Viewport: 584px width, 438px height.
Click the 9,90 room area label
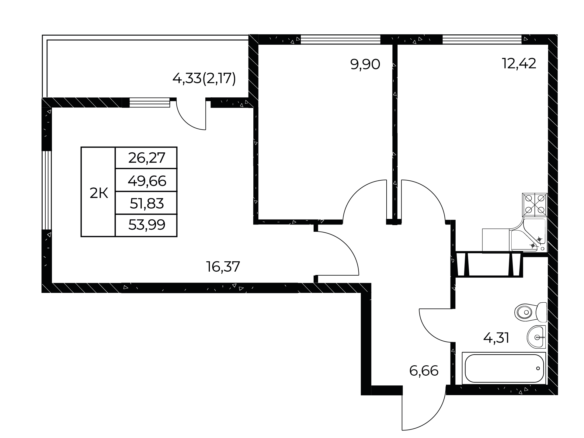point(365,65)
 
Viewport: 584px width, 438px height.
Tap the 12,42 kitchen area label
point(519,64)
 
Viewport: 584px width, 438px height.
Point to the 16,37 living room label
point(223,267)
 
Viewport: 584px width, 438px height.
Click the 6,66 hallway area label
point(424,371)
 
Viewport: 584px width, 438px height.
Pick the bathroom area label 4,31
point(496,338)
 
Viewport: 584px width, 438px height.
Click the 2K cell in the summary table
point(99,193)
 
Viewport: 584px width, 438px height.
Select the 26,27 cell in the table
point(147,158)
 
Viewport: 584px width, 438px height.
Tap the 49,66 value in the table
point(147,181)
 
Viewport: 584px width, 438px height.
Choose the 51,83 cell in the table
point(147,203)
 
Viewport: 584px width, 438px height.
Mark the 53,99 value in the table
point(147,225)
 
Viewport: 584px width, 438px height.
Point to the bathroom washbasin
point(537,337)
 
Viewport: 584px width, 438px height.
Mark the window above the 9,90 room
point(340,40)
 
